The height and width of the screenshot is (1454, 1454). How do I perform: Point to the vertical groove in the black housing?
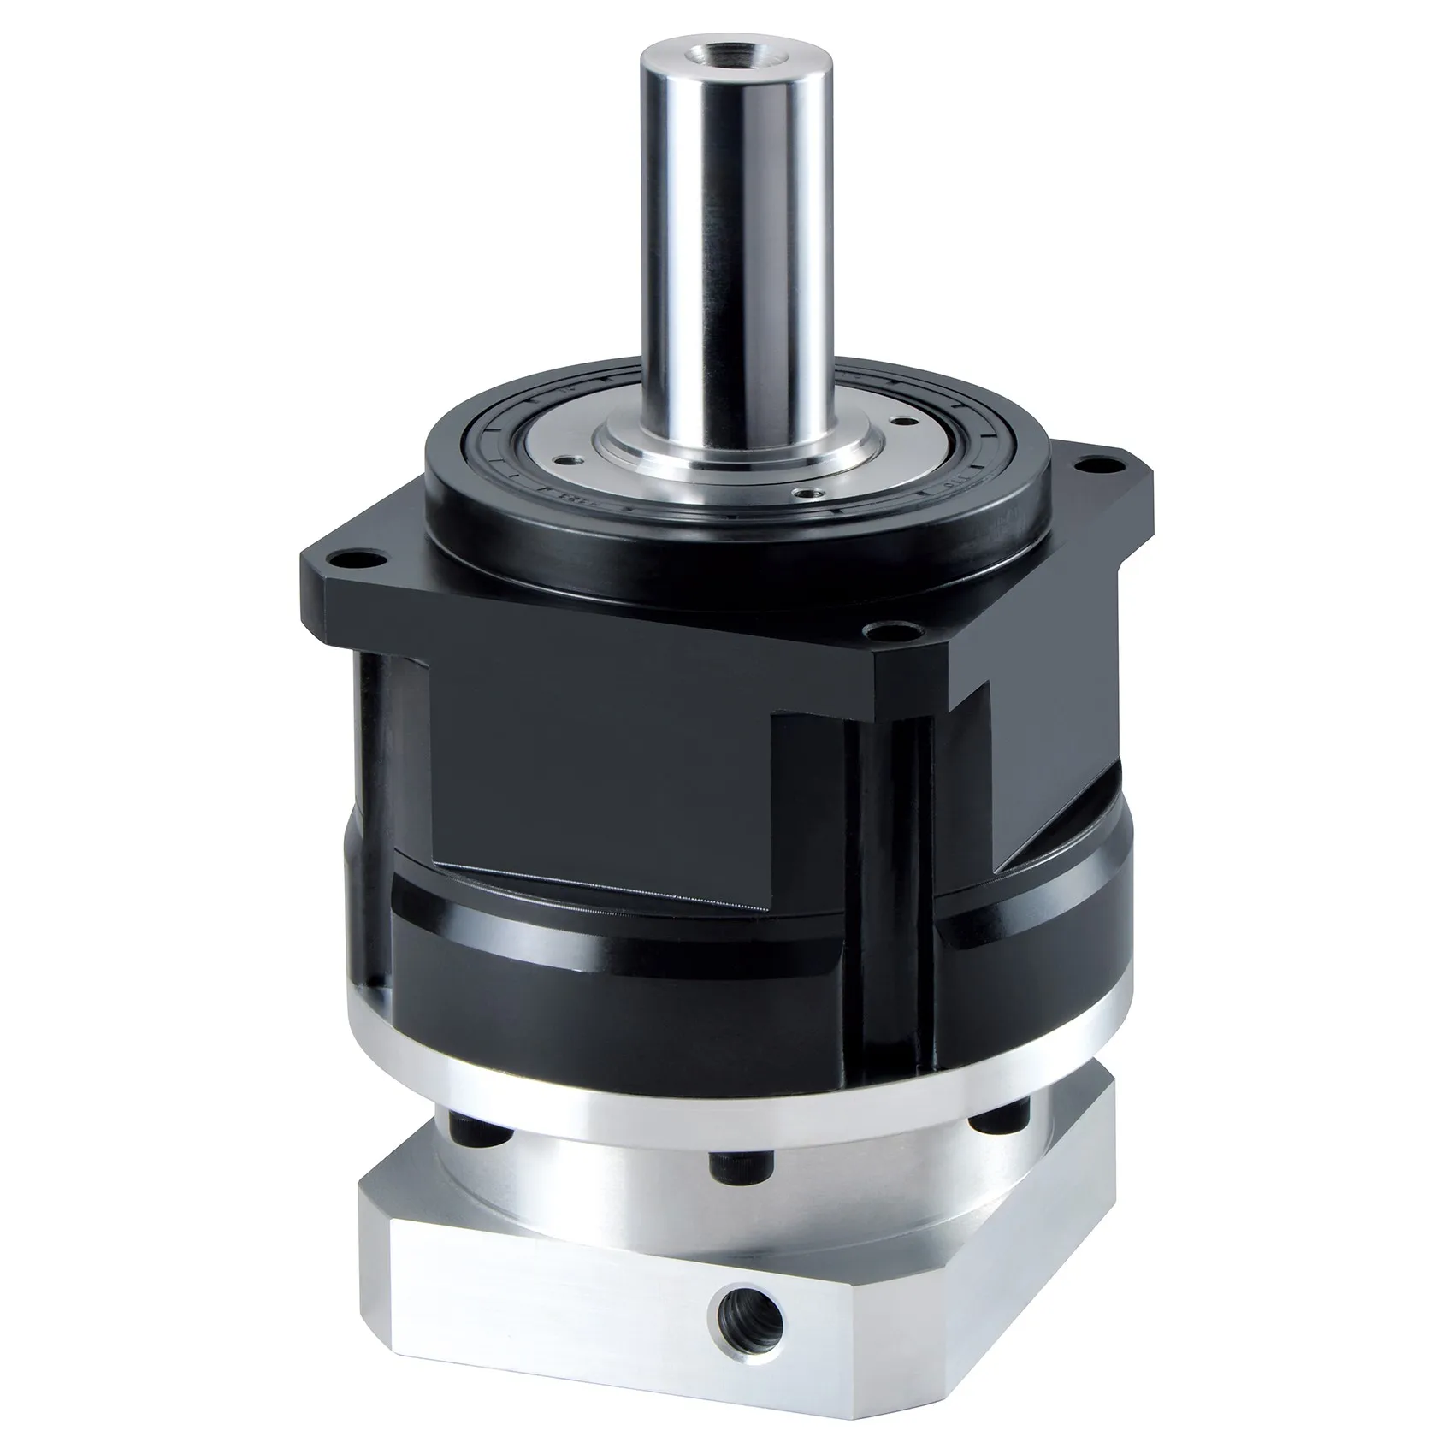coord(890,855)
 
